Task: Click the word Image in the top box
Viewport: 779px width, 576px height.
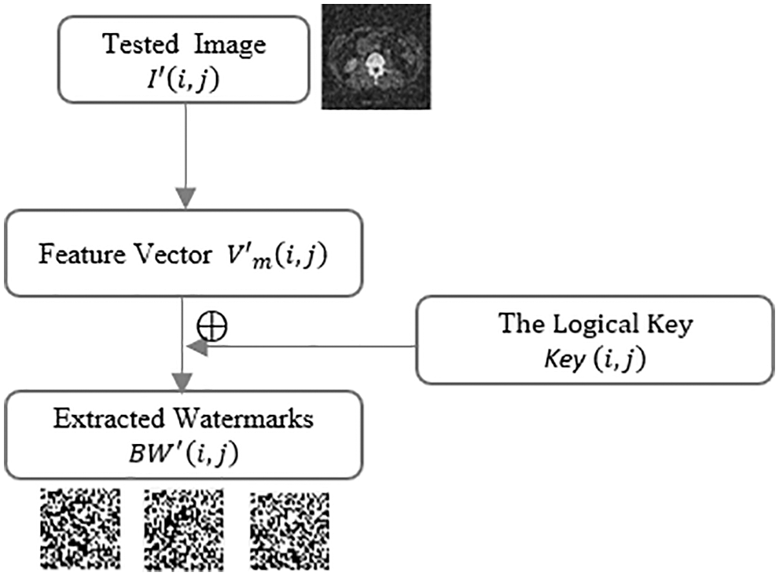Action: pos(233,43)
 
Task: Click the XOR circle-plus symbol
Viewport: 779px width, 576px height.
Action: pos(211,327)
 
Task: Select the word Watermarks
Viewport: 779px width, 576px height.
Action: pos(244,418)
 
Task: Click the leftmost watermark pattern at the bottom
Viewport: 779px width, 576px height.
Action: pos(80,528)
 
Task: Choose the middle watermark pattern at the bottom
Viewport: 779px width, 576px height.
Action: pos(185,528)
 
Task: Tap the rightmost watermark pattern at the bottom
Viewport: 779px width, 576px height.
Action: pos(288,528)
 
